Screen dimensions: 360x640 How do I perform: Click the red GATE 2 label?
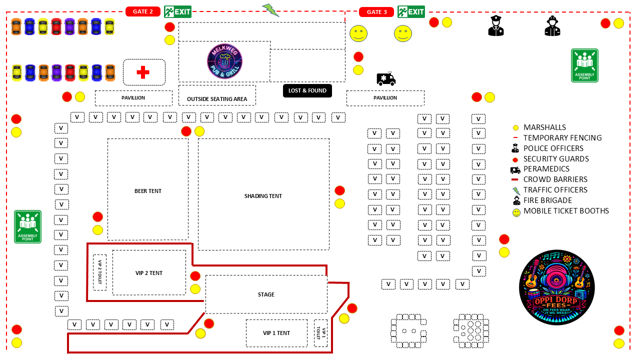click(x=143, y=11)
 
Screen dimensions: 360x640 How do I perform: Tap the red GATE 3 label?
click(x=376, y=12)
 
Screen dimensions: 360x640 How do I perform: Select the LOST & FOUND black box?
click(x=307, y=90)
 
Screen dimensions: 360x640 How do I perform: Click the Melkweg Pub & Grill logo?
click(x=225, y=61)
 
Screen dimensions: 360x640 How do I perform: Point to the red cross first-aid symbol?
click(x=143, y=72)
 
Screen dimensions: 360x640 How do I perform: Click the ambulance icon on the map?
click(x=385, y=78)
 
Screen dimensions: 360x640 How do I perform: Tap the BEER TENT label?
click(x=148, y=191)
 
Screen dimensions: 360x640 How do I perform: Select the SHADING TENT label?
click(x=263, y=196)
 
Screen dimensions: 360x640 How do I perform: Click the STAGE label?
click(x=266, y=294)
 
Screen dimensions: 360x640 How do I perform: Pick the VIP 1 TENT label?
click(x=276, y=333)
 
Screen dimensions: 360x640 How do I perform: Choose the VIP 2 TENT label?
click(x=149, y=273)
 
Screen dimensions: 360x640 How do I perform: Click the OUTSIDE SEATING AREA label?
click(x=217, y=99)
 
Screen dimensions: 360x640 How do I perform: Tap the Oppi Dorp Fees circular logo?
click(x=556, y=287)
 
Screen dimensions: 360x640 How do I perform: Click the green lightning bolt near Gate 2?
click(x=270, y=9)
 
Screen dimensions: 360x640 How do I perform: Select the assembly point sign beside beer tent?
click(x=27, y=226)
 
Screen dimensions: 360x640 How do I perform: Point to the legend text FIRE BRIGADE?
click(x=547, y=200)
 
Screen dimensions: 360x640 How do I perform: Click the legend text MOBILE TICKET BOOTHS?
click(x=566, y=211)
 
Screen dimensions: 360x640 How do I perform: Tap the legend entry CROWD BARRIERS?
click(x=555, y=179)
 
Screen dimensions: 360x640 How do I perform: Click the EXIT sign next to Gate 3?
click(x=411, y=11)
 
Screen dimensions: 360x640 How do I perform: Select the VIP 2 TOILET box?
click(x=99, y=272)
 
